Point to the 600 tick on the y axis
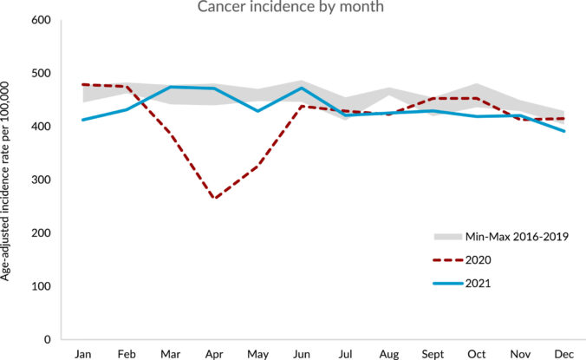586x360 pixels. [41, 20]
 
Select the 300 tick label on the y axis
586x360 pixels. [41, 180]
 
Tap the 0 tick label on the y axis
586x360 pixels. [48, 340]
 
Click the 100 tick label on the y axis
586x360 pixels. [41, 286]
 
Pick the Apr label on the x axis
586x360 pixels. [213, 353]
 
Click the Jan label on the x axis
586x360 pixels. [83, 353]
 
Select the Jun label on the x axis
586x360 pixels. [302, 353]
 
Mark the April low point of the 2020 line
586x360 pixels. [213, 200]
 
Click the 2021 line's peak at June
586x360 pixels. [302, 88]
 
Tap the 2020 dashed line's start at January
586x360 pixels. [83, 84]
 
